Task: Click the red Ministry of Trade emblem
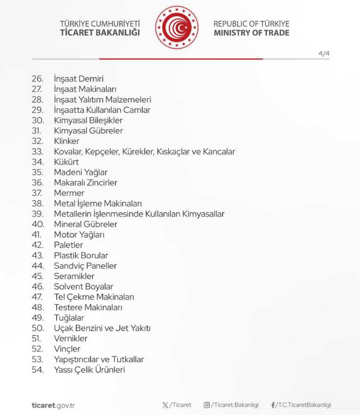(x=177, y=28)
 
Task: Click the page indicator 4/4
(x=324, y=54)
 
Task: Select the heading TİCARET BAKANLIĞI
(x=100, y=33)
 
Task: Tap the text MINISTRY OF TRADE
(x=251, y=33)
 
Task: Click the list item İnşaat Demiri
(x=78, y=79)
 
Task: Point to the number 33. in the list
(x=38, y=152)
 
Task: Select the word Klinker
(x=67, y=141)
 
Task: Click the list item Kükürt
(x=66, y=162)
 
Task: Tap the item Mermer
(x=69, y=193)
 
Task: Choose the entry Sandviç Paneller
(x=85, y=266)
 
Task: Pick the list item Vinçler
(x=67, y=349)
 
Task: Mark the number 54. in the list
(x=38, y=370)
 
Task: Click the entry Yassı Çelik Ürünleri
(x=89, y=370)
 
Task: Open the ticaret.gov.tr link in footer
(x=53, y=405)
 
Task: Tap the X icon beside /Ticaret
(x=165, y=405)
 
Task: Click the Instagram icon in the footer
(x=206, y=405)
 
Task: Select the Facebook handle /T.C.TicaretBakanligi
(x=303, y=405)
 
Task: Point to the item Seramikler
(x=74, y=276)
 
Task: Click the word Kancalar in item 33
(x=219, y=152)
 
